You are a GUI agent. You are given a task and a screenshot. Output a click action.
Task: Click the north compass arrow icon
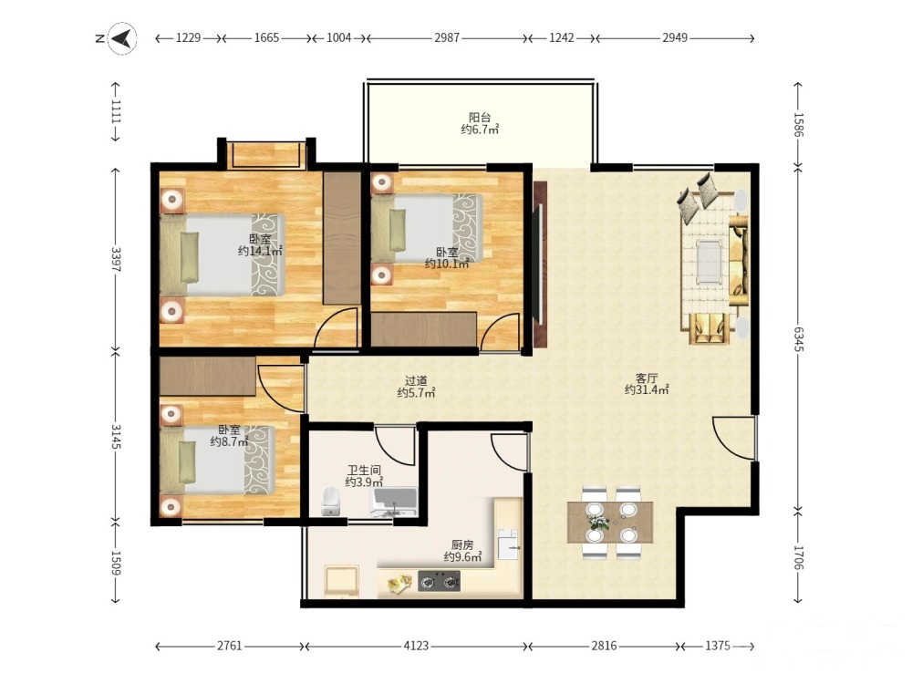(x=123, y=38)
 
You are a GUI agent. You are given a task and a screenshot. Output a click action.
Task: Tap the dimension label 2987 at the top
(x=447, y=37)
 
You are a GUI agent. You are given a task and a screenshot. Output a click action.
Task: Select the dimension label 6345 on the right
(x=799, y=339)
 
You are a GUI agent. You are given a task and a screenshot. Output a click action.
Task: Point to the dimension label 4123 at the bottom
(x=417, y=646)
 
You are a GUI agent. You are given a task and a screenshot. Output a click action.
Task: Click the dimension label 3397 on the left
(x=116, y=260)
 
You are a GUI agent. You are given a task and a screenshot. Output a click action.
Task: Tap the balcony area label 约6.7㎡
(x=480, y=130)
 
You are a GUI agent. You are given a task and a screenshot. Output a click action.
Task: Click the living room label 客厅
(x=647, y=378)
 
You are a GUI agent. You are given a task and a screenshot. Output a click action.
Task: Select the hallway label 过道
(x=416, y=381)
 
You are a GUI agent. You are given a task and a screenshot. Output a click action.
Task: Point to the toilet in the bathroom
(x=330, y=502)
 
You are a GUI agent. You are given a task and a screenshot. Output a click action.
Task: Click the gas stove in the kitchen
(x=440, y=581)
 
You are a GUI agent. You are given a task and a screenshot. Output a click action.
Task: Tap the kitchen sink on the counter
(x=508, y=544)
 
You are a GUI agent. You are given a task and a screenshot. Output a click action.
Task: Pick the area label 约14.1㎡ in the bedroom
(x=260, y=252)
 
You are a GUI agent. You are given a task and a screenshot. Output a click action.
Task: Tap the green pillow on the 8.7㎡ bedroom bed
(x=187, y=461)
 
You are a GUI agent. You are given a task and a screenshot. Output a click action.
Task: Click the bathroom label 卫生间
(x=365, y=470)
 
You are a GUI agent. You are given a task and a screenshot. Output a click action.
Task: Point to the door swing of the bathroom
(x=395, y=447)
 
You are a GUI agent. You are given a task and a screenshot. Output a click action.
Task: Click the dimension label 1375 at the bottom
(x=718, y=646)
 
